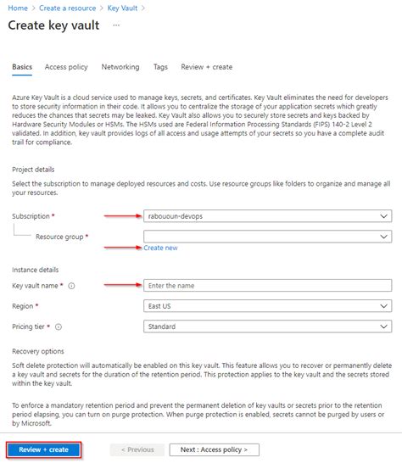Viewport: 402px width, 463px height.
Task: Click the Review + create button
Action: [x=44, y=449]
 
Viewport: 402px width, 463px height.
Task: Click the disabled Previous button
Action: [x=137, y=449]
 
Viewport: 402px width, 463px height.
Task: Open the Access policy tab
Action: [x=65, y=67]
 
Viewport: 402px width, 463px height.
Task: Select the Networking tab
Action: [x=120, y=67]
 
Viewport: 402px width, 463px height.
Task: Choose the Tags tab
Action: [x=160, y=67]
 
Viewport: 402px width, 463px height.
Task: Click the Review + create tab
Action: [x=206, y=67]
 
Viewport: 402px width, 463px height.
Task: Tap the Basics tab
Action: [x=22, y=67]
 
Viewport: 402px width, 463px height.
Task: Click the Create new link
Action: [x=160, y=248]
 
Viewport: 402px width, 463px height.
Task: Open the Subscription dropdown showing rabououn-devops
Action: [x=266, y=216]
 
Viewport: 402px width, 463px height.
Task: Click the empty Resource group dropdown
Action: [x=266, y=237]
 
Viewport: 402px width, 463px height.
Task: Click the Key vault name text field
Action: [x=266, y=286]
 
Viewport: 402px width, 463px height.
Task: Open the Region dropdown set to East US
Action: [x=266, y=306]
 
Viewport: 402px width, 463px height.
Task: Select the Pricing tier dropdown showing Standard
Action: [x=266, y=326]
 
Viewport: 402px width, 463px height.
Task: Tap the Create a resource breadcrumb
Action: [x=67, y=8]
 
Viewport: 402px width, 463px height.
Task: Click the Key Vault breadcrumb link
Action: [x=123, y=8]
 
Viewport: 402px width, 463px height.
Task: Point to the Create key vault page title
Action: [x=53, y=25]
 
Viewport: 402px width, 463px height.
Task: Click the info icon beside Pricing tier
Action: [x=59, y=326]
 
